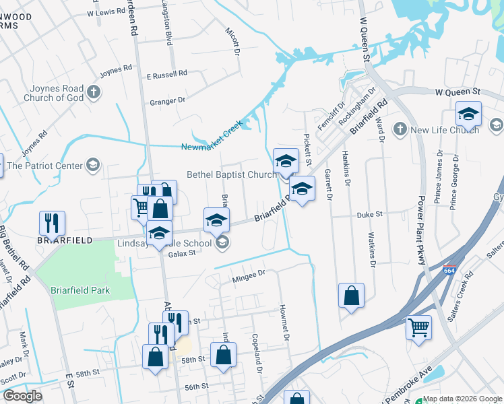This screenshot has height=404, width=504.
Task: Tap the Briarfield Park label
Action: (80, 290)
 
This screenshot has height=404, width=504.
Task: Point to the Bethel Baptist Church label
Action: (231, 175)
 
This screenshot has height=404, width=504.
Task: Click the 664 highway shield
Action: (449, 271)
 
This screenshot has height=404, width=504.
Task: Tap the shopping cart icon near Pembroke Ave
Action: (418, 329)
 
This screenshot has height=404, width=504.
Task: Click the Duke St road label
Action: (369, 214)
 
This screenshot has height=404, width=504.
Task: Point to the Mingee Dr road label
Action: (249, 273)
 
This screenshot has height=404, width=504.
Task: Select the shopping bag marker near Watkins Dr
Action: (351, 296)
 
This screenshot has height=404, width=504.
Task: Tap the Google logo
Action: (23, 396)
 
